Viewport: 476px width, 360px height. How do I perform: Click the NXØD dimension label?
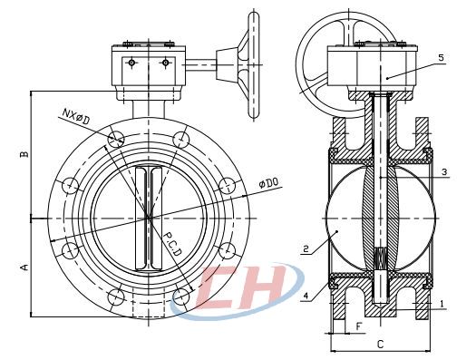[76, 117]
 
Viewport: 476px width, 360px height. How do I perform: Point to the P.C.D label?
[172, 244]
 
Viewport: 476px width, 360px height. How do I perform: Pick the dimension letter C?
[380, 345]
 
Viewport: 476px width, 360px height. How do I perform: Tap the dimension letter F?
[359, 327]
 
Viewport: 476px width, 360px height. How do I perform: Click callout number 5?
[441, 58]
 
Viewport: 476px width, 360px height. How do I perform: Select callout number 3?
[444, 172]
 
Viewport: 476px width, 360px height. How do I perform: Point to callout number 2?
[306, 248]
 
